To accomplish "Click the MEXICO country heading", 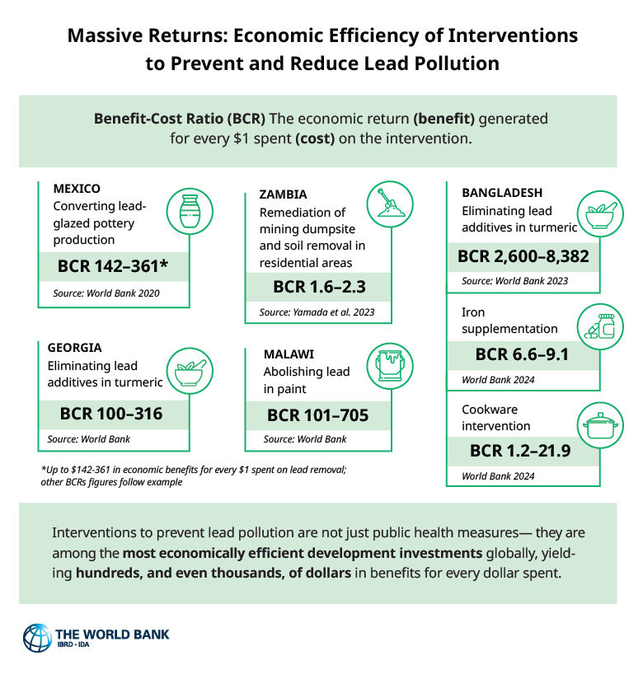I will pos(77,188).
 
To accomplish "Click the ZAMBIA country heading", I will pos(283,195).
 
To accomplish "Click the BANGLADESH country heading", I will pos(502,193).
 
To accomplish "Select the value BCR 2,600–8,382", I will pos(523,256).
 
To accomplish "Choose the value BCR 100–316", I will pos(110,414).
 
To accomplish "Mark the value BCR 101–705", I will pos(317,414).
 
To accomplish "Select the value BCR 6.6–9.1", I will pos(523,354).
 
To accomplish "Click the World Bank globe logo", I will pos(38,639).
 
